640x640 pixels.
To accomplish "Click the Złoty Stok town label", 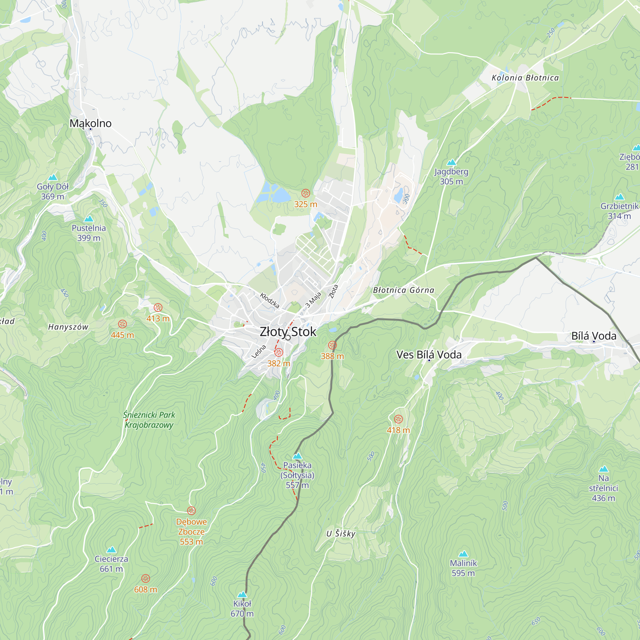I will point(288,332).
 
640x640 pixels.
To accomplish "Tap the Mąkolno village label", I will point(91,123).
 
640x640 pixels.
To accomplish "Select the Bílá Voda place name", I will point(594,336).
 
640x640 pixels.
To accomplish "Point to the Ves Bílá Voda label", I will point(429,355).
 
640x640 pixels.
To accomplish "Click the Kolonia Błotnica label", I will point(525,78).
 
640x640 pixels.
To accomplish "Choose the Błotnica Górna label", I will point(404,290).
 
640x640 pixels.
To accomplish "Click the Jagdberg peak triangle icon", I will point(452,162).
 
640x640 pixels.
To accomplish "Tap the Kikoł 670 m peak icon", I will point(242,594).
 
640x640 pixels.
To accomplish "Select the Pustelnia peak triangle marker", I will point(89,219).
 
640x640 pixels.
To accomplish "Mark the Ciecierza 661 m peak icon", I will point(111,549).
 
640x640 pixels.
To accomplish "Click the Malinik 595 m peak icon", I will point(463,554).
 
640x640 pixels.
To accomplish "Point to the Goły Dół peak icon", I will point(53,177).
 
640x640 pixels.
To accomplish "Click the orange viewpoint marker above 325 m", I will point(305,193).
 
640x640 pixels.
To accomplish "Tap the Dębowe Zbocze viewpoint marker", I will point(191,511).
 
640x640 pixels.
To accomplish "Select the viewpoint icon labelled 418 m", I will point(398,420).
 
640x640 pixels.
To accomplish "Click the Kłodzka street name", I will point(269,300).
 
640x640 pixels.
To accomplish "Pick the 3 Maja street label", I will point(313,300).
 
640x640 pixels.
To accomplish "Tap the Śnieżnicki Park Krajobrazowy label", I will point(149,420).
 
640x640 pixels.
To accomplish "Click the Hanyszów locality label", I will point(68,327).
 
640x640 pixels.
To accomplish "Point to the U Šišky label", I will point(340,534).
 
